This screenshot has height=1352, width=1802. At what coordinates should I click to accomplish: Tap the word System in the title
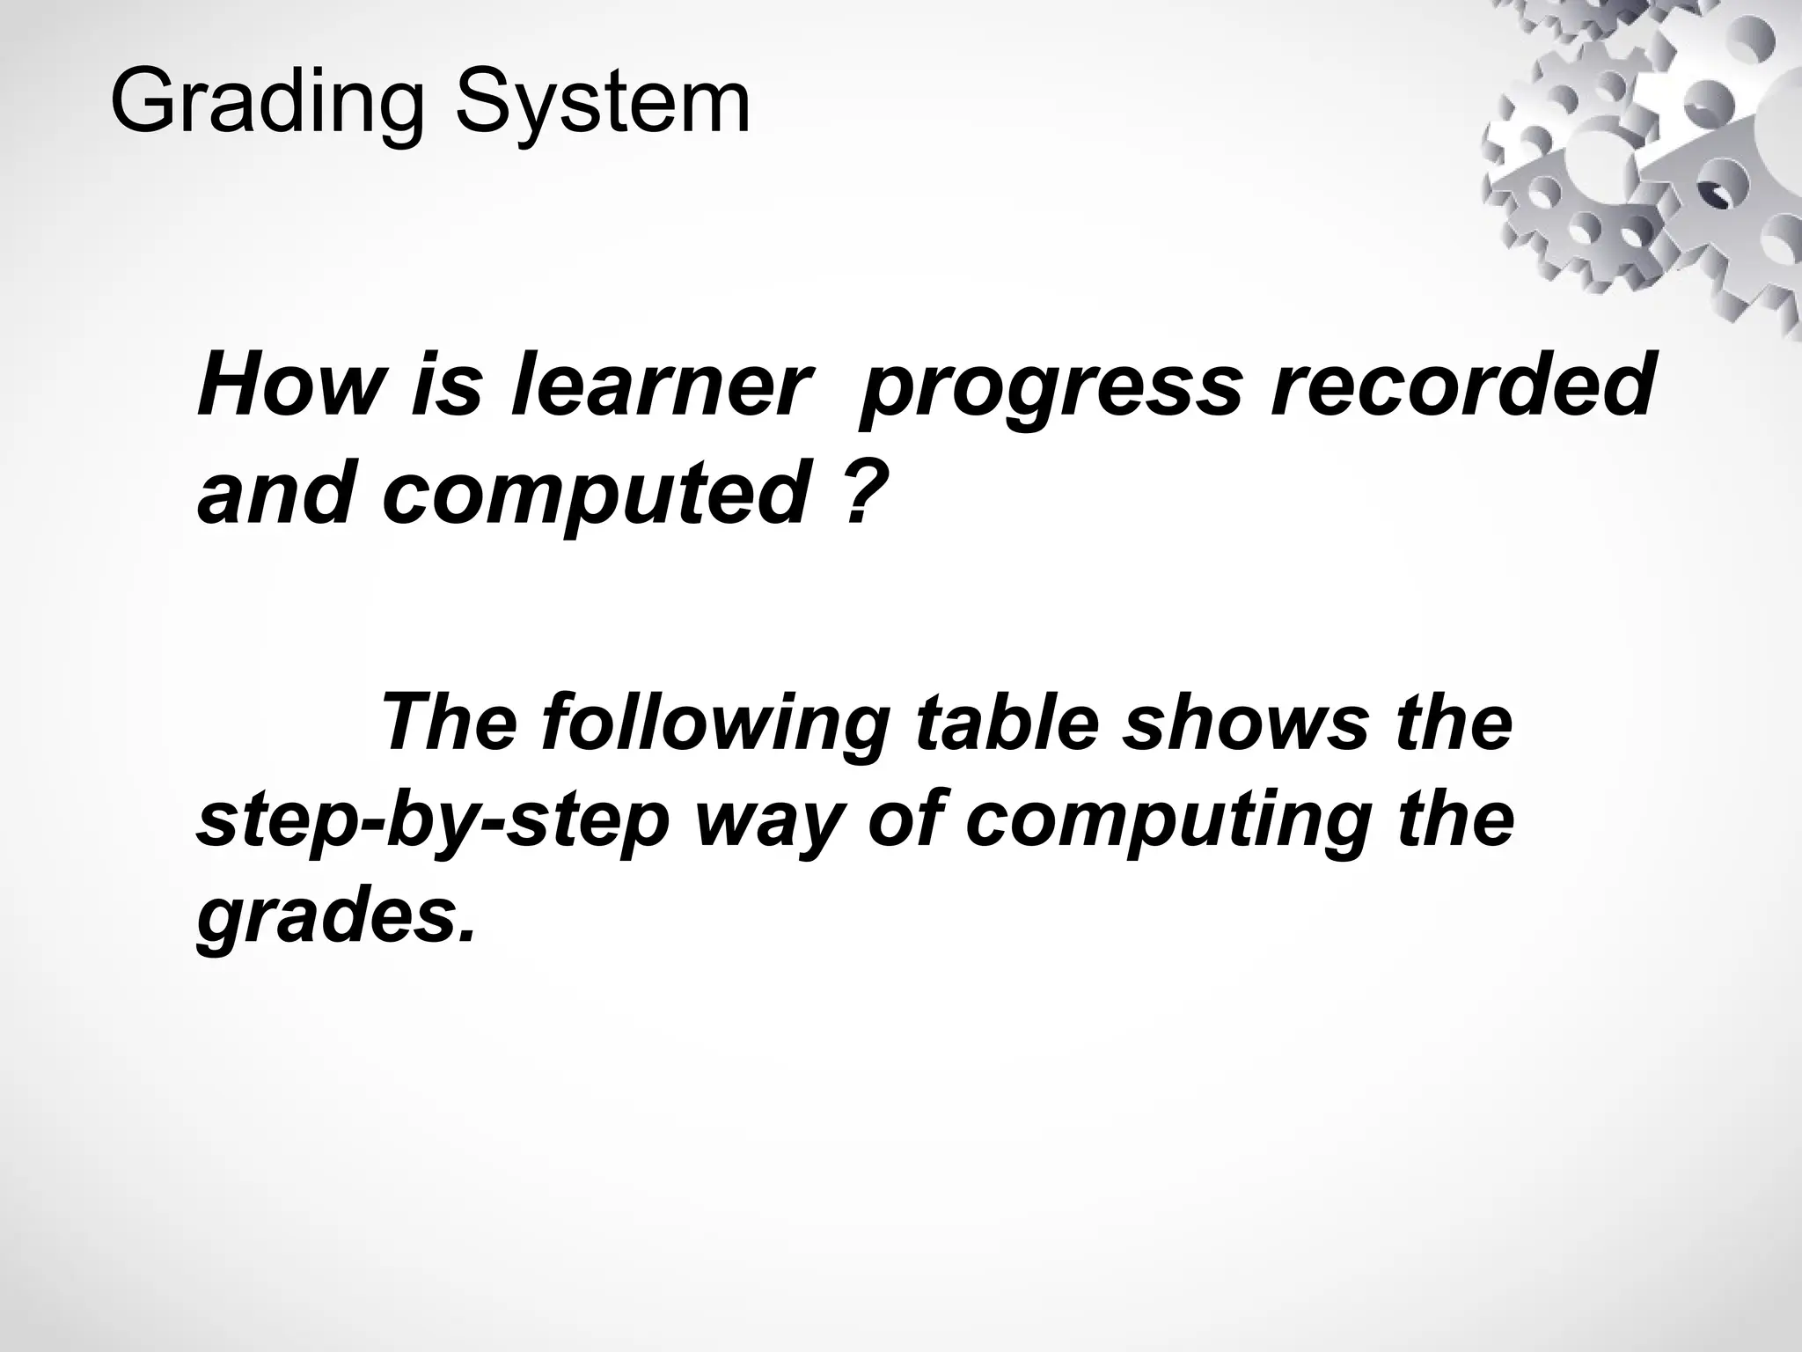602,106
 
